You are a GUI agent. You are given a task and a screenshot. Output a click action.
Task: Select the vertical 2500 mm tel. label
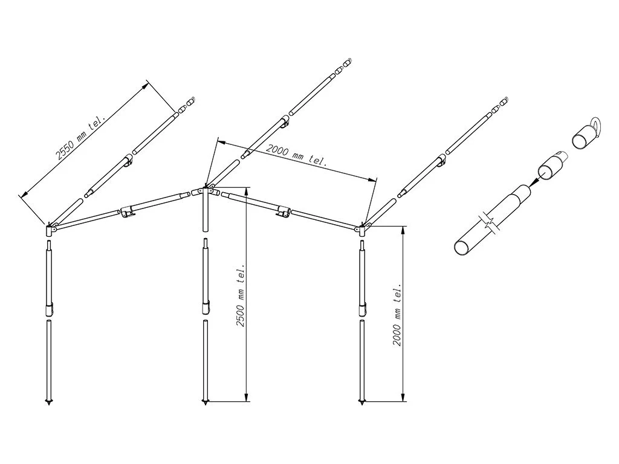pyautogui.click(x=241, y=295)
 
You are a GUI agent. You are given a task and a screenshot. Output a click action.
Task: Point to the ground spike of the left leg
pyautogui.click(x=49, y=401)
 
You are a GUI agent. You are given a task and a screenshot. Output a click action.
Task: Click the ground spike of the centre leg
pyautogui.click(x=205, y=401)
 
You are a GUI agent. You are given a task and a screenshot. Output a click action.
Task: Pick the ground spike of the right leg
pyautogui.click(x=362, y=401)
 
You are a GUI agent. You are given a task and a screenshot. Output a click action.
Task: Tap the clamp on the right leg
pyautogui.click(x=363, y=309)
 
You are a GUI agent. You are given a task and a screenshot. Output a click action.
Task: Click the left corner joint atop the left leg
pyautogui.click(x=51, y=229)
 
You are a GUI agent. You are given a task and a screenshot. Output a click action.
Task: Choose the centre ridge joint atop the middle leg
pyautogui.click(x=205, y=192)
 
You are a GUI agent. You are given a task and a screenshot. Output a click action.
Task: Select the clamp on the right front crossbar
pyautogui.click(x=282, y=211)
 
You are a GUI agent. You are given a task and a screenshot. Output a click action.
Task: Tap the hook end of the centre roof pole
pyautogui.click(x=347, y=62)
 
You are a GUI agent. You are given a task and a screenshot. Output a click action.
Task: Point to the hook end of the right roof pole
pyautogui.click(x=503, y=100)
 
